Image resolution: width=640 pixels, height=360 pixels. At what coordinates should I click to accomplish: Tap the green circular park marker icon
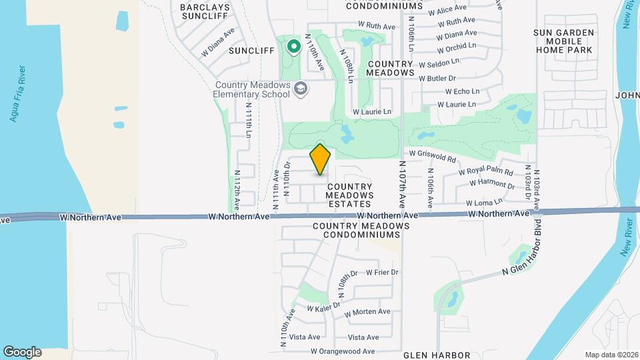coord(293,47)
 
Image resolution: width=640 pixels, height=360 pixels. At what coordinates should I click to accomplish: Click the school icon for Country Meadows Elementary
coord(301,89)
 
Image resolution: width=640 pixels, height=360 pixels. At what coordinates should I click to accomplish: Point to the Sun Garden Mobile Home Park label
coord(563,41)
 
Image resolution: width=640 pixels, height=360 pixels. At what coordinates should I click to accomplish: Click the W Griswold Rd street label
coord(432,156)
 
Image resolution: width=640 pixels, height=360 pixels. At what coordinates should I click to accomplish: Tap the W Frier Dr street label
coord(382,272)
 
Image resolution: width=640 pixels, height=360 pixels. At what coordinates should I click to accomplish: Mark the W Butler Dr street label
coord(437,78)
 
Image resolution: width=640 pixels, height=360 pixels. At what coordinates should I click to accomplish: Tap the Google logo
coord(22,352)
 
